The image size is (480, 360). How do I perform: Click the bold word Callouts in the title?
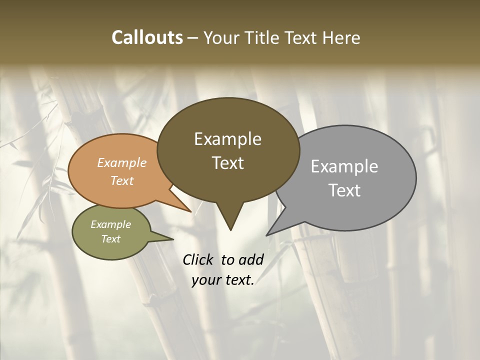click(147, 37)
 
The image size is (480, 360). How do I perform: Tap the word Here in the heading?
click(340, 37)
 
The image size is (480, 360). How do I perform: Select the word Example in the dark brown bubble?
click(227, 139)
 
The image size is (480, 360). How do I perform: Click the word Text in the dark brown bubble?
click(227, 162)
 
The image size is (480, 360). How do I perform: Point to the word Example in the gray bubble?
click(344, 166)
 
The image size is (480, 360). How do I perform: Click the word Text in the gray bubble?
click(344, 190)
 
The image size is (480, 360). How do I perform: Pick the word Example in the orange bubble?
click(122, 162)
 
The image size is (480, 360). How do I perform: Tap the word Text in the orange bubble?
click(122, 180)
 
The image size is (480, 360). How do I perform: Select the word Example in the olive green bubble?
click(110, 224)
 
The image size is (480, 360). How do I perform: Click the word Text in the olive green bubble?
click(110, 239)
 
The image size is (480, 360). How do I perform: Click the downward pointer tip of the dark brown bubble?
click(230, 230)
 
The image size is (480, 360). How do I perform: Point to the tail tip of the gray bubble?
click(266, 235)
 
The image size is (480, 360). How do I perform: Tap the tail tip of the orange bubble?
click(191, 211)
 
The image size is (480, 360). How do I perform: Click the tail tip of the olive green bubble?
click(173, 239)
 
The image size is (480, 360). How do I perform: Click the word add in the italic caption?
click(250, 259)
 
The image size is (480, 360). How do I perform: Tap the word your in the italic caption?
click(205, 280)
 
